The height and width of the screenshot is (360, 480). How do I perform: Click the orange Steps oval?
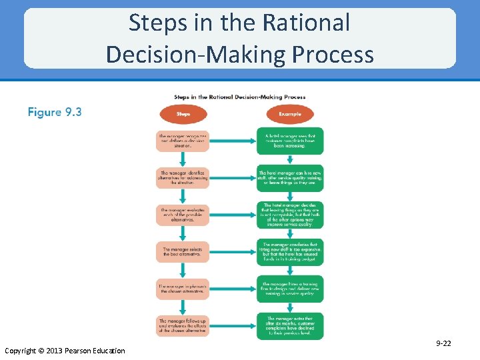183,114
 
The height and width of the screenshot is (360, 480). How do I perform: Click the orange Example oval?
289,114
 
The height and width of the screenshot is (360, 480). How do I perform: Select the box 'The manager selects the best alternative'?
183,251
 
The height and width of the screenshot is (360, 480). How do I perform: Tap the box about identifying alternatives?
183,177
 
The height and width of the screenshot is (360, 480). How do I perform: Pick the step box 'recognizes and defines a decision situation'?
183,141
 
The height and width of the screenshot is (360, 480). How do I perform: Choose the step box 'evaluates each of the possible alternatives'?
183,215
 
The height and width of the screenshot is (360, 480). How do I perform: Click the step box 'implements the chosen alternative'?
183,288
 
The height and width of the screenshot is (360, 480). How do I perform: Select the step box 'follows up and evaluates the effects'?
183,325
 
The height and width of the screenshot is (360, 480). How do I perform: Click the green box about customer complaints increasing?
289,141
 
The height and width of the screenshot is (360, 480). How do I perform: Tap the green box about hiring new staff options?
289,177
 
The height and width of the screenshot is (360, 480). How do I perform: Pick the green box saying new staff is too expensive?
289,251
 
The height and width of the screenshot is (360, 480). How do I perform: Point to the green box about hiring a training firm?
289,288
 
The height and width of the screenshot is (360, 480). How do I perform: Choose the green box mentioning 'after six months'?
289,325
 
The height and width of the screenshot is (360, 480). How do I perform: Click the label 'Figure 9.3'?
55,112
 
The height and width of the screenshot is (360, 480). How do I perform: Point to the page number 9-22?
443,343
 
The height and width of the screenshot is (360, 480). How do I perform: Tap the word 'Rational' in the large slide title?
306,23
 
